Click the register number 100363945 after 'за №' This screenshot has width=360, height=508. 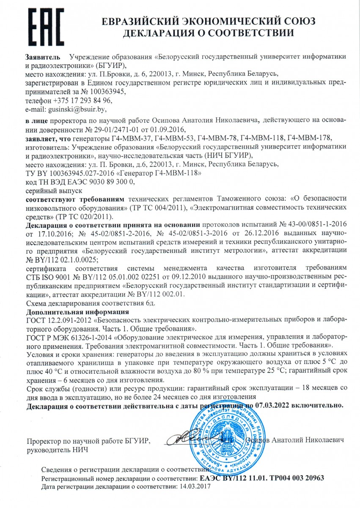(107, 91)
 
